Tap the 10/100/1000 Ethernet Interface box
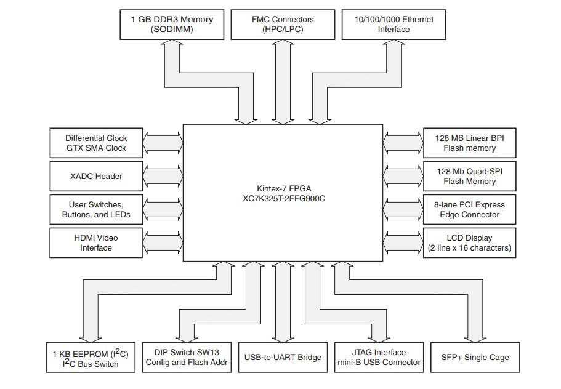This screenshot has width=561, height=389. click(394, 24)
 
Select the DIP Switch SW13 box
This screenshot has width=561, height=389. click(187, 358)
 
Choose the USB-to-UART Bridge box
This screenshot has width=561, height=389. click(283, 358)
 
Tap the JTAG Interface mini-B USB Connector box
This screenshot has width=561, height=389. click(377, 358)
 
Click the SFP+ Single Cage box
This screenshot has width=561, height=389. click(475, 358)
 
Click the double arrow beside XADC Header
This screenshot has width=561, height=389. click(163, 176)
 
